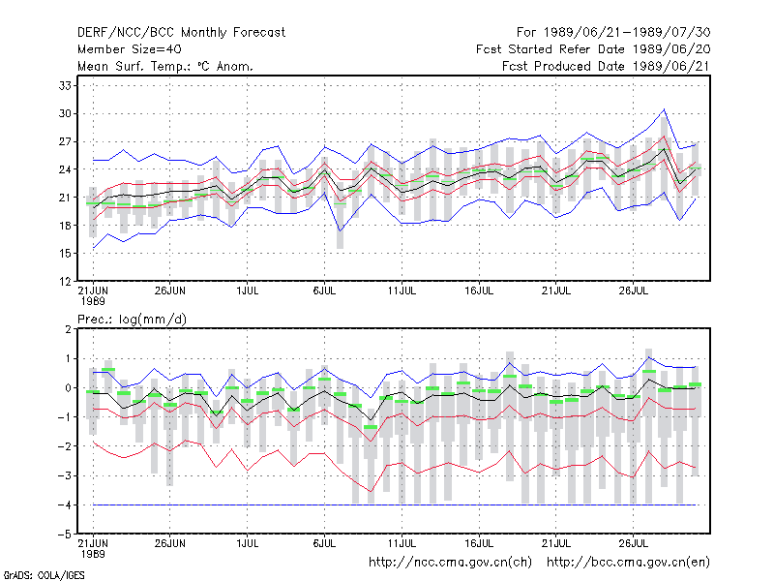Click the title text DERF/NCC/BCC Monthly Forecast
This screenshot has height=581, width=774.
(181, 33)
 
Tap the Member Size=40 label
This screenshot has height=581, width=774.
(130, 49)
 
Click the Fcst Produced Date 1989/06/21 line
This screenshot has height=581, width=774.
(607, 66)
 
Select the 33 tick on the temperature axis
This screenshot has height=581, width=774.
(65, 85)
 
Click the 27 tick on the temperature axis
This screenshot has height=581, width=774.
(65, 141)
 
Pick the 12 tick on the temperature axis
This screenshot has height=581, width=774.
(65, 282)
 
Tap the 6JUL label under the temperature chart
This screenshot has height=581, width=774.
(324, 290)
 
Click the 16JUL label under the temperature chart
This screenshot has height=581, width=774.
(479, 290)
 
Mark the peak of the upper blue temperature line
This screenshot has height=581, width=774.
(664, 109)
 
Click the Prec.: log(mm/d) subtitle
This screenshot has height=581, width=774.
(133, 320)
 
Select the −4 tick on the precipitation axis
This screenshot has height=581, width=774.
(64, 505)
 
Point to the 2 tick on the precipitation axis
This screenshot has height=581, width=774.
(68, 329)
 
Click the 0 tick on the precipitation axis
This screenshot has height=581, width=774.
(68, 388)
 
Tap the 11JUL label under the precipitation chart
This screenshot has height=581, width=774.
(402, 543)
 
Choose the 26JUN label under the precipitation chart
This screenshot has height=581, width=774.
(170, 543)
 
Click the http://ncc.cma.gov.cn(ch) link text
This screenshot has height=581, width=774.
(450, 563)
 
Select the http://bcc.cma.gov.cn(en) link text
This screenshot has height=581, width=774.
(628, 563)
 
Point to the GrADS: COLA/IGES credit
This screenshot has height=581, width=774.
(44, 575)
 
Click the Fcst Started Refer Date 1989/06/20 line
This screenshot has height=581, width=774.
(593, 49)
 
